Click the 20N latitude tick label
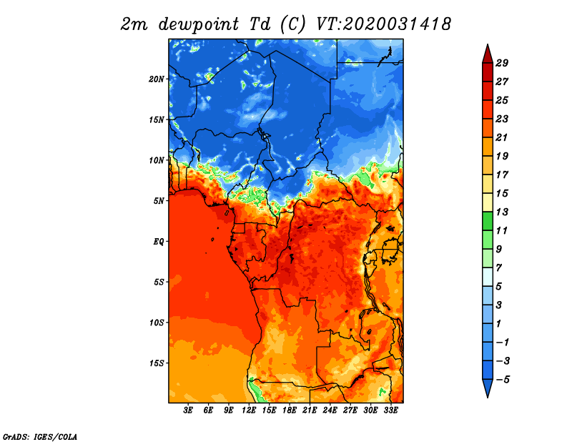pyautogui.click(x=157, y=79)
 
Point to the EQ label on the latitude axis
pyautogui.click(x=158, y=242)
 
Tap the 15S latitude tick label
pyautogui.click(x=157, y=363)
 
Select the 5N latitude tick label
pyautogui.click(x=159, y=201)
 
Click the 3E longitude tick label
pyautogui.click(x=188, y=411)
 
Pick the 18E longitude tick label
pyautogui.click(x=290, y=411)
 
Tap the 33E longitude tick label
pyautogui.click(x=390, y=411)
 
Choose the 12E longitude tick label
pyautogui.click(x=249, y=411)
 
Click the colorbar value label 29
pyautogui.click(x=502, y=63)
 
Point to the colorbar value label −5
pyautogui.click(x=503, y=380)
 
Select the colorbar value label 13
pyautogui.click(x=502, y=212)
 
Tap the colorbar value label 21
pyautogui.click(x=502, y=137)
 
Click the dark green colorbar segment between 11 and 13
pyautogui.click(x=488, y=221)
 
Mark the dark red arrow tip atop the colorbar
pyautogui.click(x=488, y=45)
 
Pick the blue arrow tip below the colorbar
pyautogui.click(x=488, y=397)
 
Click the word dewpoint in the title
pyautogui.click(x=199, y=24)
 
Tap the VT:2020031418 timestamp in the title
pyautogui.click(x=383, y=24)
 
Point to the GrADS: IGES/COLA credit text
pyautogui.click(x=40, y=437)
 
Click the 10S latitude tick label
pyautogui.click(x=157, y=323)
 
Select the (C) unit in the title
pyautogui.click(x=292, y=24)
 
